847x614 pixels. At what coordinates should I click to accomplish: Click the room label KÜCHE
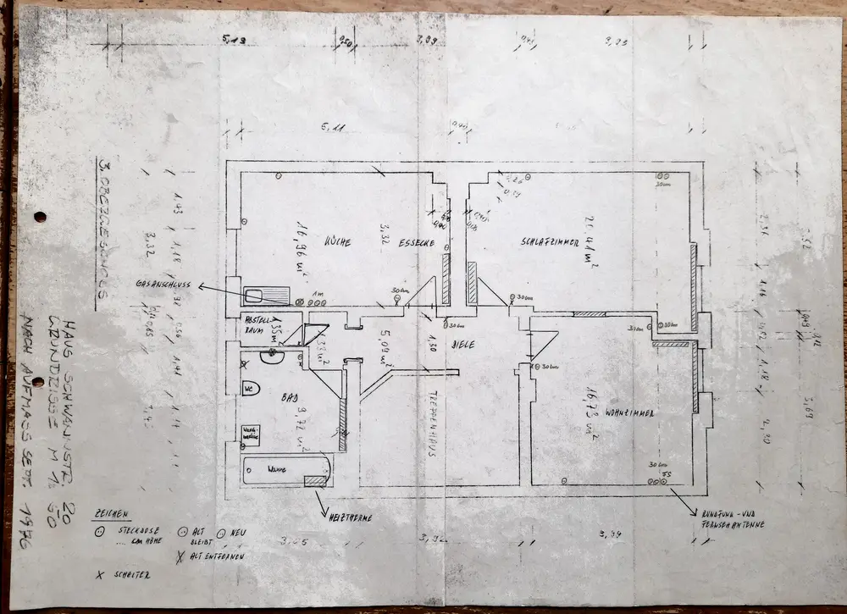(338, 242)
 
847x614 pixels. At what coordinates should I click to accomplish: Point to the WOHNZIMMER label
(631, 412)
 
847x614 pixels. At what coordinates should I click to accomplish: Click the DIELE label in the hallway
(462, 345)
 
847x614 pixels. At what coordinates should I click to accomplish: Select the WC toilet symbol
(250, 389)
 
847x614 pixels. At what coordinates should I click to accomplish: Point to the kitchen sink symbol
(266, 296)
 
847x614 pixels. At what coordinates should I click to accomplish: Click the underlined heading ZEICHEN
(112, 513)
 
